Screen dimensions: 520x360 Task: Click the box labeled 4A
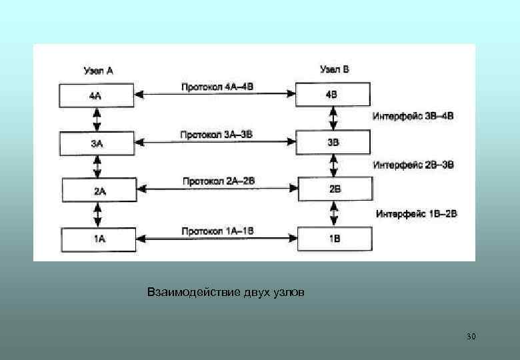(97, 95)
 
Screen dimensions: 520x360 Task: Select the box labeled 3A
(97, 143)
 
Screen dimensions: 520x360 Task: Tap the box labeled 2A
(99, 191)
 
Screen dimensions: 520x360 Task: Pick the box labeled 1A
(98, 239)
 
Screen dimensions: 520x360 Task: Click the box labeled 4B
(332, 95)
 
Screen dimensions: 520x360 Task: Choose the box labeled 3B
(333, 142)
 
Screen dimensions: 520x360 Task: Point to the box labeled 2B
(334, 189)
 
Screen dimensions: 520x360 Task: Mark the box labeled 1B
(333, 238)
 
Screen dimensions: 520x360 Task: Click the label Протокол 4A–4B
(217, 87)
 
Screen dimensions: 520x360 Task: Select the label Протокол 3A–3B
(216, 135)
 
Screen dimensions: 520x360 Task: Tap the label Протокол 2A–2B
(219, 181)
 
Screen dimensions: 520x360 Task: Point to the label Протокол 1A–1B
(217, 231)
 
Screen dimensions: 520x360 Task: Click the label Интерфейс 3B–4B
(413, 116)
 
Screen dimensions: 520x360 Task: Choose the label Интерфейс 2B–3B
(413, 165)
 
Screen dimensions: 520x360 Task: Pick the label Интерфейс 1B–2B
(416, 214)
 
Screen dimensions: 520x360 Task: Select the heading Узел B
(334, 69)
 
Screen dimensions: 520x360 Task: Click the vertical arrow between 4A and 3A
(97, 119)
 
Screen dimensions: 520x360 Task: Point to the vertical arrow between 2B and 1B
(334, 214)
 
